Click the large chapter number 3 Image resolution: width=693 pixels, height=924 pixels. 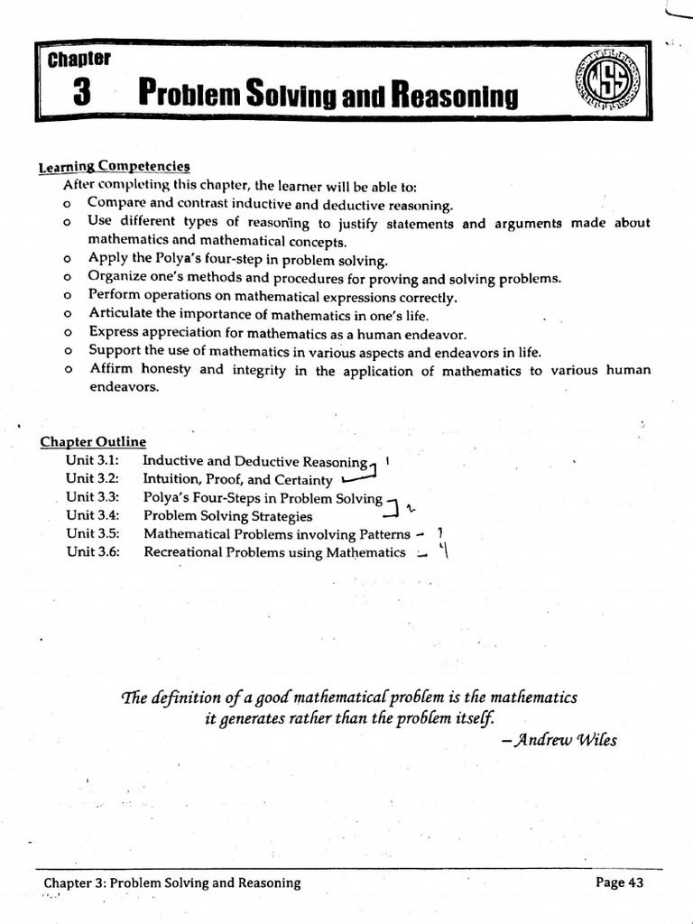[79, 93]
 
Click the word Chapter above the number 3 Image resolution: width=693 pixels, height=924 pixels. [79, 60]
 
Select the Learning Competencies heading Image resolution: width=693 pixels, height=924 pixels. [115, 166]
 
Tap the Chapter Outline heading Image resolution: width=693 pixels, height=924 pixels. [93, 441]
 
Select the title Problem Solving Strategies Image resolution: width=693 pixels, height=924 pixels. [228, 516]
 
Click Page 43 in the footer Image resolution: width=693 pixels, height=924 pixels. [620, 882]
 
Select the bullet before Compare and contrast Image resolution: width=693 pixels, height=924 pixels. [68, 205]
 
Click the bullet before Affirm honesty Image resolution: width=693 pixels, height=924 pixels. [68, 370]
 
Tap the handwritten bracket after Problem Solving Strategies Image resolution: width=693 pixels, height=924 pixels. [391, 511]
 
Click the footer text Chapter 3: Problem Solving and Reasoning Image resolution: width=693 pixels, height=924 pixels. [172, 882]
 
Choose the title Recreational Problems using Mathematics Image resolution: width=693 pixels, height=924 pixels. [274, 552]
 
